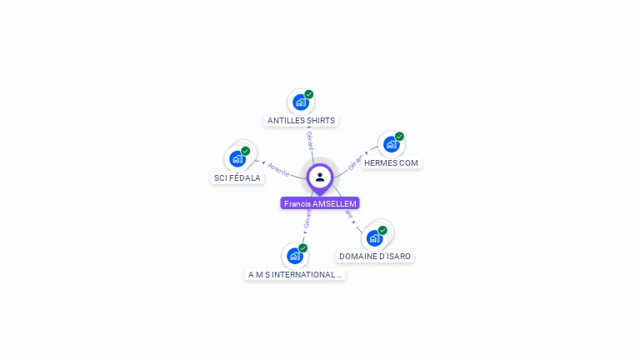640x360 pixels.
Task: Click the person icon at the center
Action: click(x=320, y=177)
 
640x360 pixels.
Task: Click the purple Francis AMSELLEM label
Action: click(x=320, y=203)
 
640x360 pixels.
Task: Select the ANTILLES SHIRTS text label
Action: click(x=301, y=120)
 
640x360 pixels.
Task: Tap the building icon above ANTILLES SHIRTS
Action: click(x=300, y=102)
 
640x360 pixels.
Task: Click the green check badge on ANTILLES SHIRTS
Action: click(x=309, y=94)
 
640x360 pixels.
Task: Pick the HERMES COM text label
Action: click(x=391, y=162)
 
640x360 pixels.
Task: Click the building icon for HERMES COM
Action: click(x=390, y=144)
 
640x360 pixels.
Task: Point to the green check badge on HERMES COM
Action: click(x=399, y=136)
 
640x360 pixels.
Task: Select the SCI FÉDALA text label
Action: click(x=237, y=177)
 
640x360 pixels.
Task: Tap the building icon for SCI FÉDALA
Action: click(x=237, y=158)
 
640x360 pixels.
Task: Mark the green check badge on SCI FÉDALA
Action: click(x=246, y=151)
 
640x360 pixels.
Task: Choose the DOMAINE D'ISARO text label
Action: click(x=374, y=256)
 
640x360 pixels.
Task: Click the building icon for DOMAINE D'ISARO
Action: click(x=374, y=238)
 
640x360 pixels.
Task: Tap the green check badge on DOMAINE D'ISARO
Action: click(x=382, y=230)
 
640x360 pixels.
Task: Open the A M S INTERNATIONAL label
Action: click(x=294, y=274)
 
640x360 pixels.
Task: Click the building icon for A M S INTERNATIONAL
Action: click(x=294, y=256)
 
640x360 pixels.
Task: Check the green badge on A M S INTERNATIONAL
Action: click(x=303, y=247)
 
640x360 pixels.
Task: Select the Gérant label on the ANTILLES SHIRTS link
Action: click(x=309, y=140)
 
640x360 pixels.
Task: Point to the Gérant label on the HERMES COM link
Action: click(x=356, y=162)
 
